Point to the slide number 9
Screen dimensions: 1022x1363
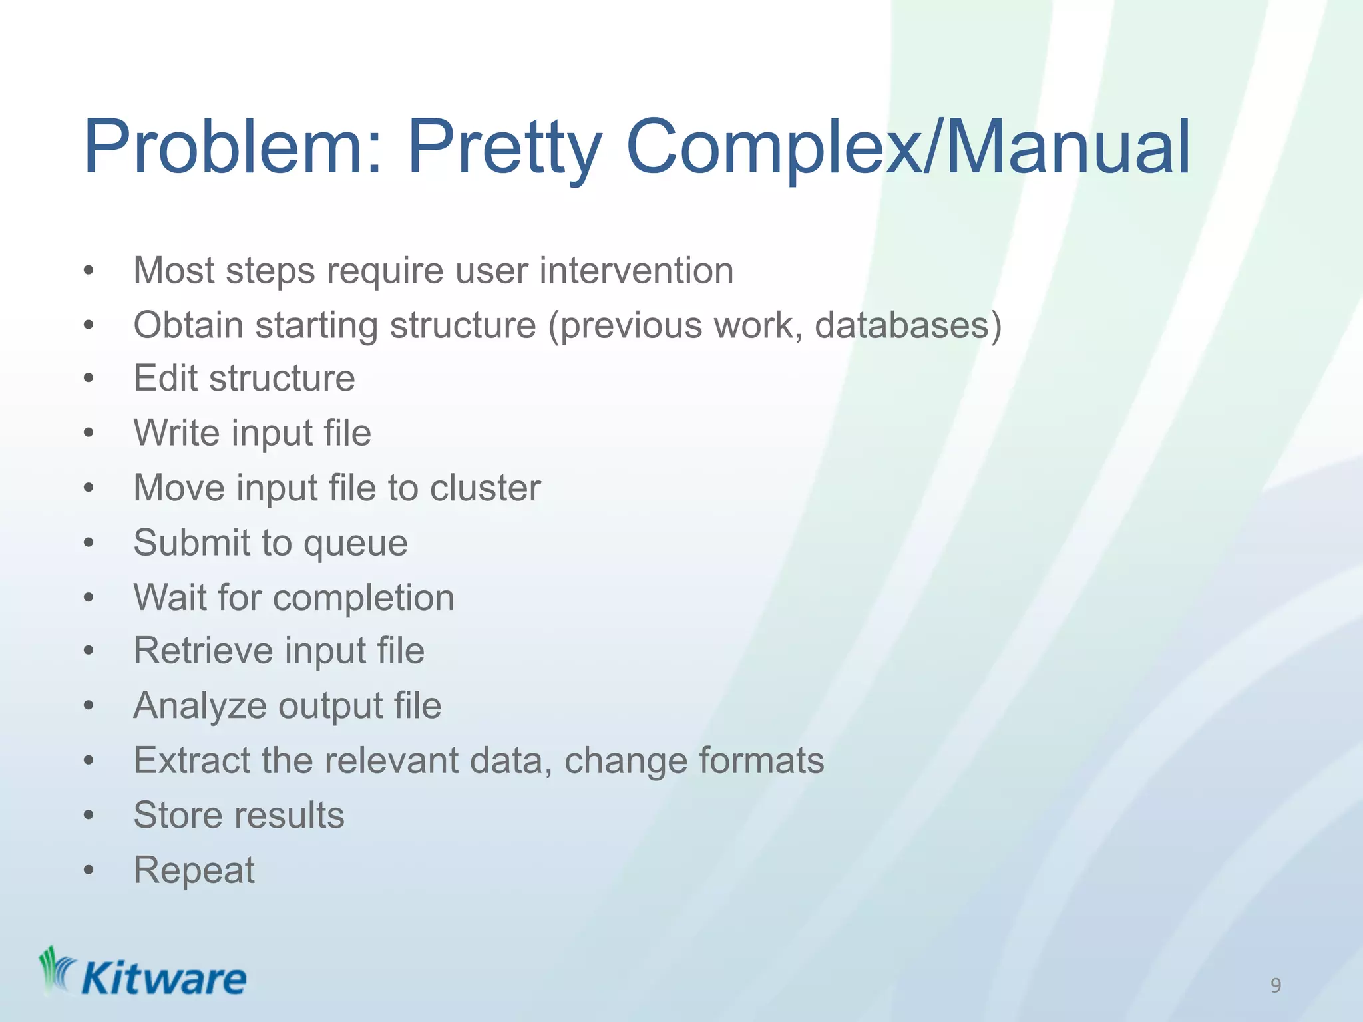pos(1275,985)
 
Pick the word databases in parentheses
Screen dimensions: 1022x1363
pos(902,325)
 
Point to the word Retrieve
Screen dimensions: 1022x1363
pos(203,651)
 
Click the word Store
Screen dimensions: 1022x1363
pos(174,815)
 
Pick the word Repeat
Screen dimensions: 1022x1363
pos(194,870)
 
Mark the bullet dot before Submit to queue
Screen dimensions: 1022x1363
pos(89,543)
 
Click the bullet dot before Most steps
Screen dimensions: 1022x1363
pos(89,271)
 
